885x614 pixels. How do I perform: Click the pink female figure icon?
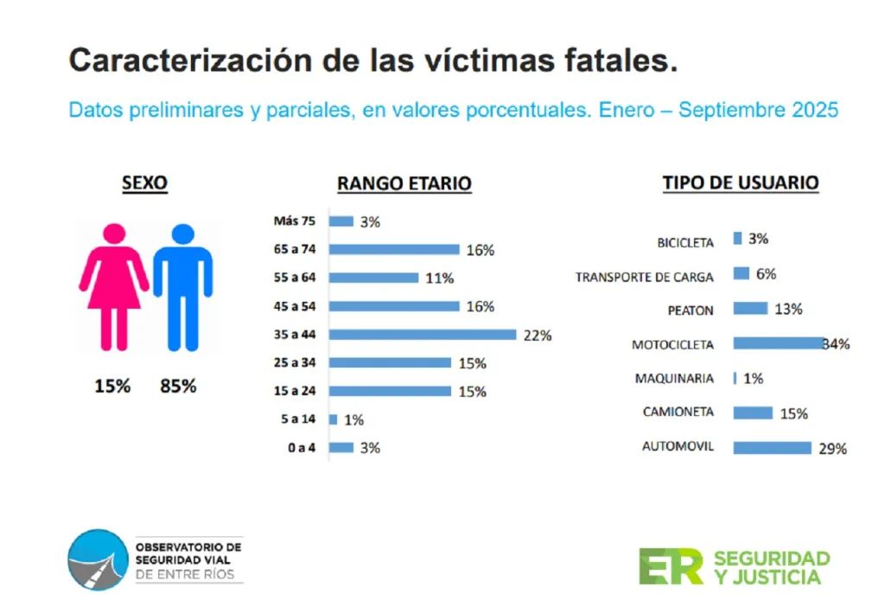coord(114,285)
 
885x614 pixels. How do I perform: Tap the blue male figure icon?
coord(182,285)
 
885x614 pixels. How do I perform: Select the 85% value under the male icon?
coord(178,386)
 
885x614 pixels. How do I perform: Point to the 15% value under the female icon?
coord(112,386)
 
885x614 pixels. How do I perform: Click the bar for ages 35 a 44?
coord(423,335)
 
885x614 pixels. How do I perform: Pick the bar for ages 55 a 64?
coord(374,278)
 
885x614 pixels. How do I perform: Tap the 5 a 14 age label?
coord(299,419)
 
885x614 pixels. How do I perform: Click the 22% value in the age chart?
coord(537,336)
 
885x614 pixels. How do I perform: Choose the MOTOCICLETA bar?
coord(779,343)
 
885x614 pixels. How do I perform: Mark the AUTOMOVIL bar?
coord(772,448)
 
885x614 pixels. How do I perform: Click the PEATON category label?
coord(691,310)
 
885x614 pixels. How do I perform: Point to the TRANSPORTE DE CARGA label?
coord(645,277)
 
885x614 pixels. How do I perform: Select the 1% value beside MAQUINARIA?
coord(753,379)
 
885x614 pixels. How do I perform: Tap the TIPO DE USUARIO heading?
coord(740,182)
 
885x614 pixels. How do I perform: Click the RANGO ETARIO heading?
coord(404,183)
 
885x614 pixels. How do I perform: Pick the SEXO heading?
coord(144,182)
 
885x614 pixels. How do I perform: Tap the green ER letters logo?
coord(671,566)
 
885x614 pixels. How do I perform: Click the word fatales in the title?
coord(616,61)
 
